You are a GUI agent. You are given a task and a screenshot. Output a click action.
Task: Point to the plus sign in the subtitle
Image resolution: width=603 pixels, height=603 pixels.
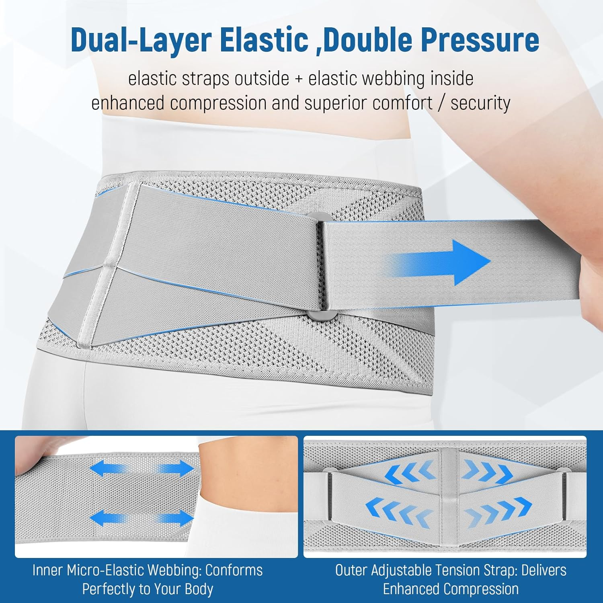(x=299, y=79)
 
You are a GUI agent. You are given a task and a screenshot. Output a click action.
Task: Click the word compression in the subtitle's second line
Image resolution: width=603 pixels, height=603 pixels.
(x=217, y=104)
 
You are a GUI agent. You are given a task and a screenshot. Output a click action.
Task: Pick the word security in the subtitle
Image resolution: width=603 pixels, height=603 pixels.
(x=480, y=103)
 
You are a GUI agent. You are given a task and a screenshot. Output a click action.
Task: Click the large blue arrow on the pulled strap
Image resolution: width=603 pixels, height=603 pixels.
(x=438, y=263)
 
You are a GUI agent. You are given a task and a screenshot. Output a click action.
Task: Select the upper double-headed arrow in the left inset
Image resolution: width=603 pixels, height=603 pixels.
(x=142, y=469)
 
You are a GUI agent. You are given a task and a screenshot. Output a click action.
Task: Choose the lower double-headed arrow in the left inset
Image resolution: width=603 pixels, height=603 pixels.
(x=142, y=518)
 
